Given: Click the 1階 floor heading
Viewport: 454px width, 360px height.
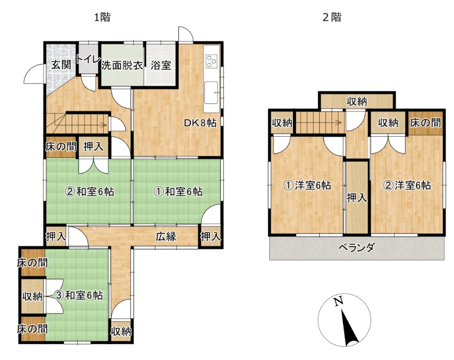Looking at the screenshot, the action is [x=102, y=17].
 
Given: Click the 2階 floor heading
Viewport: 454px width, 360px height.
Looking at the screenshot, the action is [x=332, y=17].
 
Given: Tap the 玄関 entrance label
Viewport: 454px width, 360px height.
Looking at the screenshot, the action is [x=61, y=65].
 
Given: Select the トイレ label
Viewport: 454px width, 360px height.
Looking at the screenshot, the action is [x=89, y=60].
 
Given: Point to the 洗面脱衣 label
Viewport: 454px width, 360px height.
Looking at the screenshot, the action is [x=122, y=65].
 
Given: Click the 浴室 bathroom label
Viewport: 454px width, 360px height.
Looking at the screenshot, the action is [x=161, y=65].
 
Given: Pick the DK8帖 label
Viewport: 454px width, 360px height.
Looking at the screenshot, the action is [x=201, y=123].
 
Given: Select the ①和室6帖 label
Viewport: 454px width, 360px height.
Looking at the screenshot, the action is [x=178, y=192].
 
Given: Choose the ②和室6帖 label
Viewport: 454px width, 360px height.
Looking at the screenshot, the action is [x=90, y=192].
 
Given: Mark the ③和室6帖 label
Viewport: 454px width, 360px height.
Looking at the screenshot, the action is [x=79, y=295].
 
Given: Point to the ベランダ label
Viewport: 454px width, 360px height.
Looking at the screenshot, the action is [x=356, y=248].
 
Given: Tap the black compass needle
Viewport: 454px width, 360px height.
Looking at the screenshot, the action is [x=350, y=328].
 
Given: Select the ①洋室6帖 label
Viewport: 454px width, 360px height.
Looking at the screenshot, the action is [x=307, y=185].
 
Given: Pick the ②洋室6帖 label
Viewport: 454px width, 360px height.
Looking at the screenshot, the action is [x=407, y=185].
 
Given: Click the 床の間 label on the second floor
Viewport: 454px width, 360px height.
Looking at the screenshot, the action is [x=425, y=123].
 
